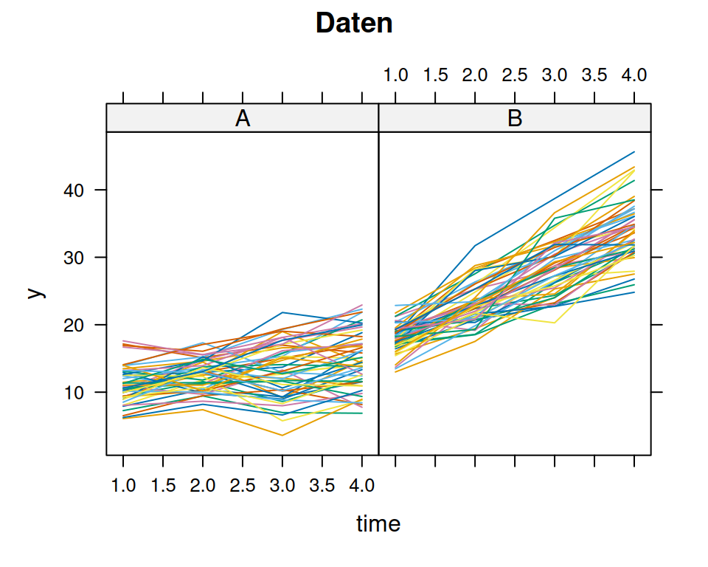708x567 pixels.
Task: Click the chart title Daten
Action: tap(354, 24)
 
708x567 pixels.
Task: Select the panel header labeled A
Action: tap(242, 118)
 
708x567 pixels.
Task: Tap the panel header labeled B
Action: tap(515, 118)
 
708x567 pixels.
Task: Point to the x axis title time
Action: tap(378, 524)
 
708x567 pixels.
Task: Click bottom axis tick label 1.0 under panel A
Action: tap(123, 486)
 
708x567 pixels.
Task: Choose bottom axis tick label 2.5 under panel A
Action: tap(243, 486)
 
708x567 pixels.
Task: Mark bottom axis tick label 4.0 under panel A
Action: tap(361, 486)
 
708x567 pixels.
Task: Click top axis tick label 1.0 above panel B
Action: tap(396, 75)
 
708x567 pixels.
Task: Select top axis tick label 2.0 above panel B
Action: tap(475, 75)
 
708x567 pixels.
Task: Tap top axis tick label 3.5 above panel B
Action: tap(594, 75)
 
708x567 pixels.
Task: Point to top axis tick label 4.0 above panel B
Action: tap(634, 75)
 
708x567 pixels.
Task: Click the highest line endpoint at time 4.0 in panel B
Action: tap(634, 152)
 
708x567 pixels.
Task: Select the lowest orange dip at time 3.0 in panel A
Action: tap(282, 435)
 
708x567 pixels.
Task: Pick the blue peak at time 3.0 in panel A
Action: tap(282, 312)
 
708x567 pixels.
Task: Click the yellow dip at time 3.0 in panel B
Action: tap(555, 323)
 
